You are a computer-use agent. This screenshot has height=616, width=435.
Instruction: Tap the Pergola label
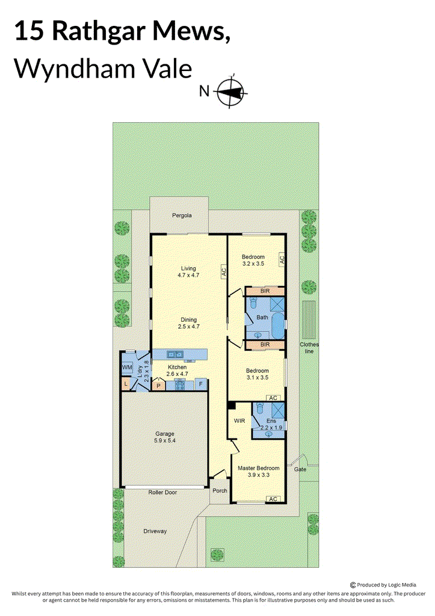pyautogui.click(x=182, y=215)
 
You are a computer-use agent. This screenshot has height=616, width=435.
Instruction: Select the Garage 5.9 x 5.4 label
pyautogui.click(x=165, y=437)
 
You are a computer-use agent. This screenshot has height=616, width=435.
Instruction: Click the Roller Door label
pyautogui.click(x=162, y=492)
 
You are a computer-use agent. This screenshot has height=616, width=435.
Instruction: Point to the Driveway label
pyautogui.click(x=155, y=531)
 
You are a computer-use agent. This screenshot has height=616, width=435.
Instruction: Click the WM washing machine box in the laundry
pyautogui.click(x=128, y=367)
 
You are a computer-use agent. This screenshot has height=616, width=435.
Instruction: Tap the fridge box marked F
pyautogui.click(x=201, y=384)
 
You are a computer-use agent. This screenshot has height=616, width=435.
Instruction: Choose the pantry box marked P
pyautogui.click(x=158, y=386)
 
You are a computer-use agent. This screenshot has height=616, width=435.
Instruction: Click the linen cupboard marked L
pyautogui.click(x=126, y=384)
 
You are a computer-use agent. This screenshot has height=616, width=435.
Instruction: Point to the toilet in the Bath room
pyautogui.click(x=253, y=303)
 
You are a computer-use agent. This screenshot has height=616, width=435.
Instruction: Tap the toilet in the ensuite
pyautogui.click(x=259, y=408)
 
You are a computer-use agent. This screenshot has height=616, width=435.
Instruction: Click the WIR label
pyautogui.click(x=239, y=420)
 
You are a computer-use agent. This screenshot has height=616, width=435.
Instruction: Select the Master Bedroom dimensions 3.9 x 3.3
pyautogui.click(x=259, y=475)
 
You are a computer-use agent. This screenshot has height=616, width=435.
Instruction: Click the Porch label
pyautogui.click(x=220, y=491)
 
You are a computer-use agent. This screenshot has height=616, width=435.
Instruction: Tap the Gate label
pyautogui.click(x=300, y=469)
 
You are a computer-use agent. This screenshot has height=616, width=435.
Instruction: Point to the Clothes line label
pyautogui.click(x=309, y=348)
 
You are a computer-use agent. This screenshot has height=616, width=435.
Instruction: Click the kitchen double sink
pyautogui.click(x=174, y=355)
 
